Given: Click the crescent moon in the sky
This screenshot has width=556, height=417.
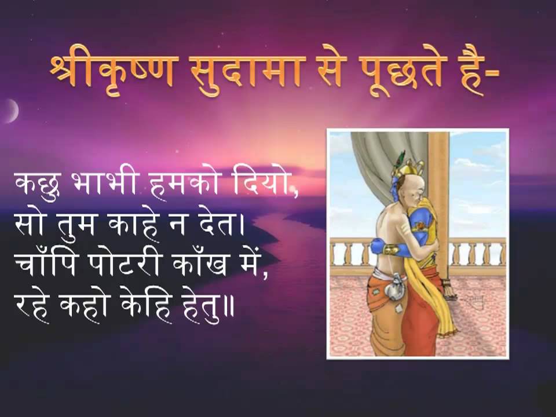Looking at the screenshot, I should [10, 110].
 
